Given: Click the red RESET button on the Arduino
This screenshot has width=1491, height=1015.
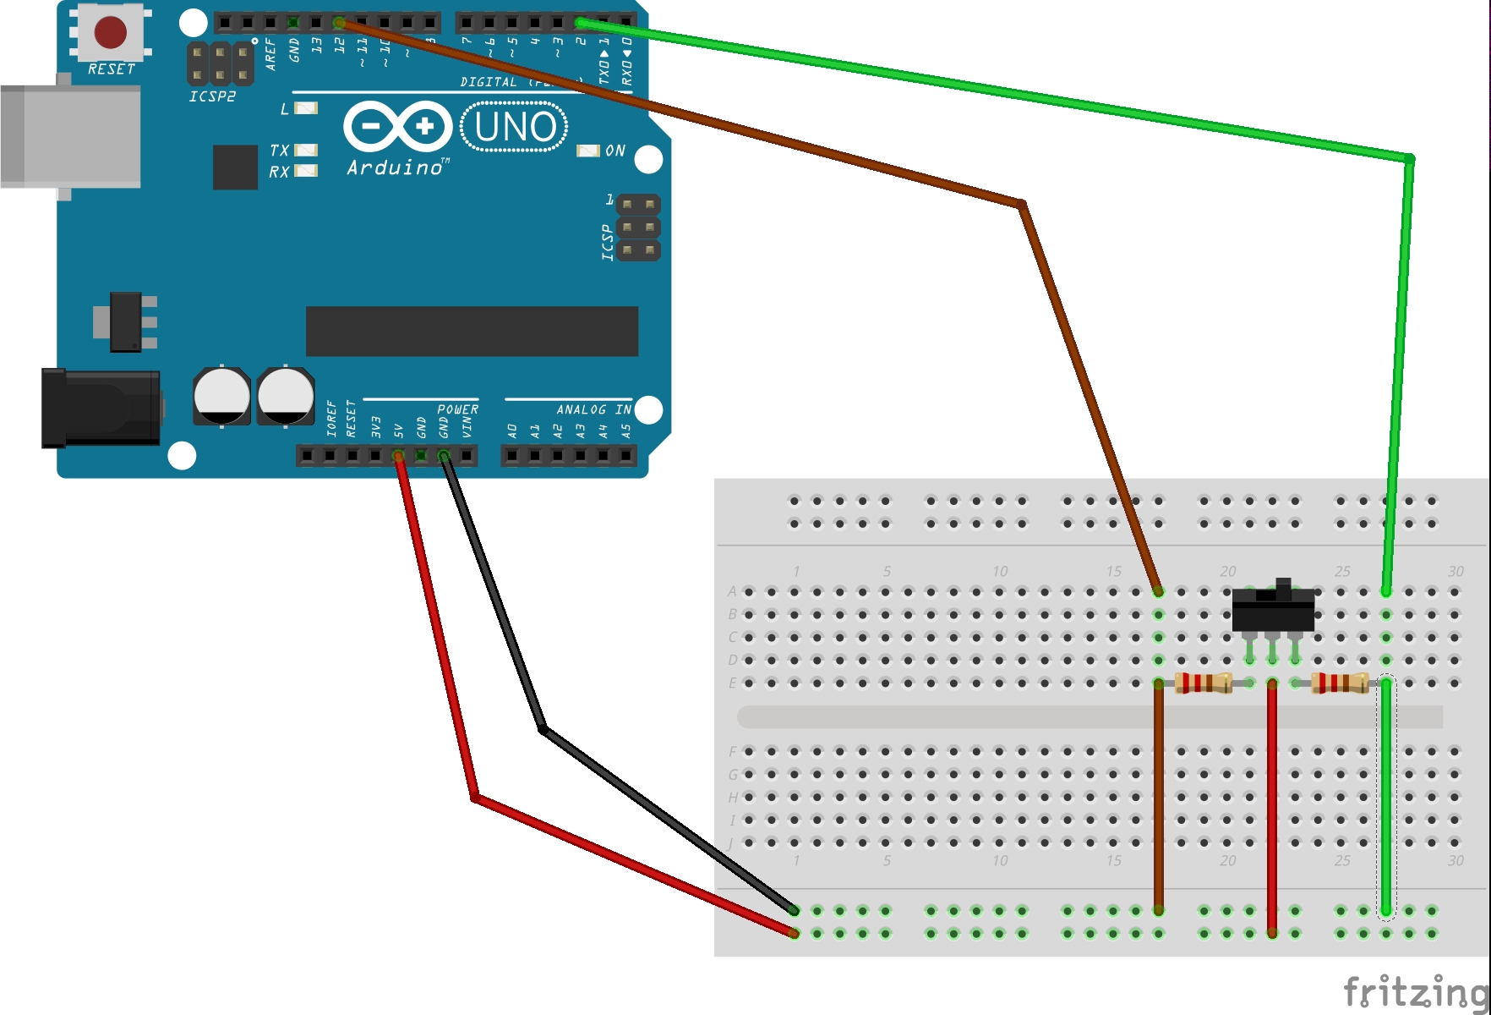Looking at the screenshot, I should [111, 33].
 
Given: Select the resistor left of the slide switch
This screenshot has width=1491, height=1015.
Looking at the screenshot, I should [1203, 683].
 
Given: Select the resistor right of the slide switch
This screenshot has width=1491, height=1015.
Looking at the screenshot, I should [1340, 683].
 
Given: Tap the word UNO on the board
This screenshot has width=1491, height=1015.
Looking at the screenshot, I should [515, 128].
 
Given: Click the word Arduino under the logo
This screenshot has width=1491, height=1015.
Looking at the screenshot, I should [395, 167].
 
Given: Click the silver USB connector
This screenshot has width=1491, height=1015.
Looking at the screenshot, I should [71, 136].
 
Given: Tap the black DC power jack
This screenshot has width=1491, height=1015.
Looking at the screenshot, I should [101, 408].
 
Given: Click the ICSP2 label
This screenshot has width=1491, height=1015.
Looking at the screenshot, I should [212, 96].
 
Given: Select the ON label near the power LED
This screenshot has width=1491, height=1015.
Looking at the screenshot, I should [615, 151].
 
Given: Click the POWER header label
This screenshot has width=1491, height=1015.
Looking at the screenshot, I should [457, 409].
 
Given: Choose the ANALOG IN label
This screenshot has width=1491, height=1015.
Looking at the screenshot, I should [593, 409].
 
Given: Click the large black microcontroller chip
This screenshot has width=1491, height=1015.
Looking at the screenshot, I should [472, 332].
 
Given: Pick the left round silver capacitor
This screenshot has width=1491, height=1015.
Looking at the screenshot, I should [221, 396].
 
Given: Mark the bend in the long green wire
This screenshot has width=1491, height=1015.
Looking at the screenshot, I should [1409, 158].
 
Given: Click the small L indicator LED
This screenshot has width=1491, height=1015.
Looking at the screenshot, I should [306, 108].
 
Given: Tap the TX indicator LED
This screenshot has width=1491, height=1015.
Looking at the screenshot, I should [306, 151].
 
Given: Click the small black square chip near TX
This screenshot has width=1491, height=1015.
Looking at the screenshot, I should [235, 167].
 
